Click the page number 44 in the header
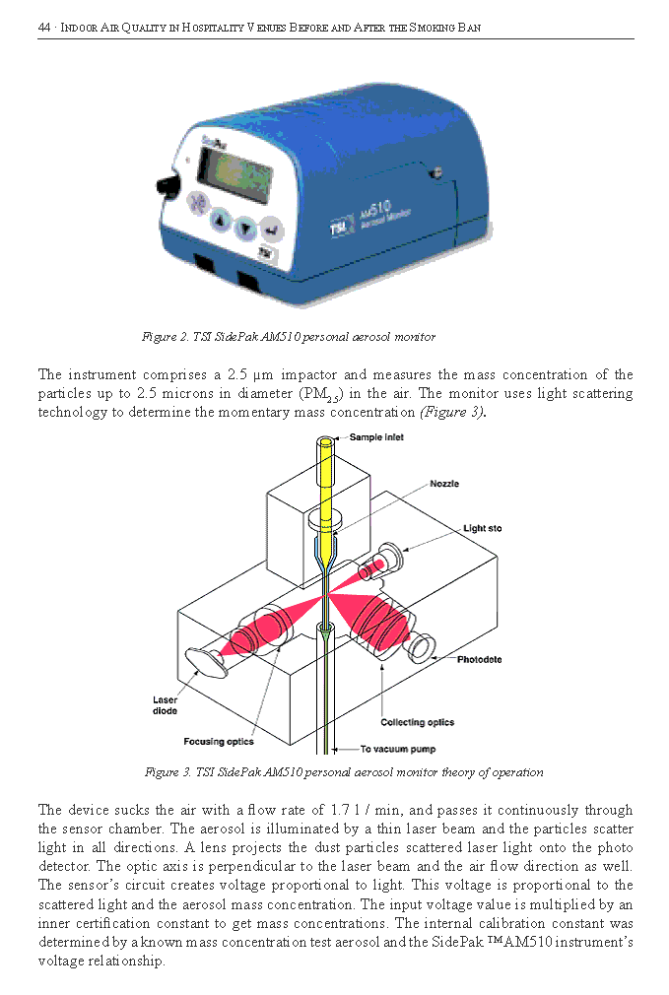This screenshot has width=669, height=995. [43, 28]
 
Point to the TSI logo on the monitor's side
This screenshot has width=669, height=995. [340, 229]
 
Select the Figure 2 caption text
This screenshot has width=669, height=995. [288, 337]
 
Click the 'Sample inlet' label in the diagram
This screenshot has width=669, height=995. [376, 437]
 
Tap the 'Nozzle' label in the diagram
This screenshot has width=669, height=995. [443, 484]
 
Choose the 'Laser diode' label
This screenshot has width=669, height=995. [166, 705]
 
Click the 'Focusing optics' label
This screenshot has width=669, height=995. [218, 742]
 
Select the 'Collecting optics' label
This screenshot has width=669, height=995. [417, 722]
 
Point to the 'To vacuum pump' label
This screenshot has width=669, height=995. [397, 750]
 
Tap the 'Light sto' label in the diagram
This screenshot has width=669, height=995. [482, 529]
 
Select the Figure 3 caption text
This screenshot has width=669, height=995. [343, 772]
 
